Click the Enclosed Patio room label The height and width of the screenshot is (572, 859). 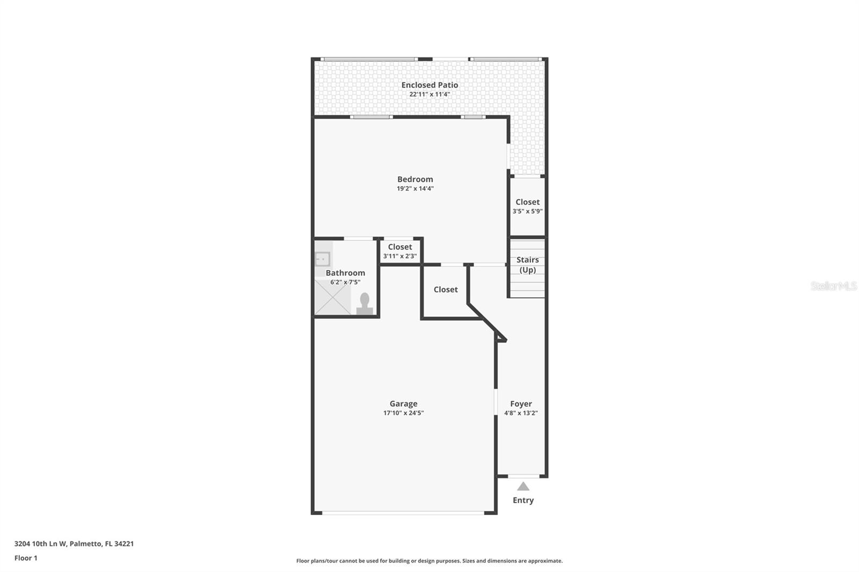429,85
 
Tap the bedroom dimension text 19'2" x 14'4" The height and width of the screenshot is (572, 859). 415,189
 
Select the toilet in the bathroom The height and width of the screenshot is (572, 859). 365,304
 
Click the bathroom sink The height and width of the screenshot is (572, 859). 322,259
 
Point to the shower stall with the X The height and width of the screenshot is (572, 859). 332,298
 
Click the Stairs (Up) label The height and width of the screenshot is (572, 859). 527,265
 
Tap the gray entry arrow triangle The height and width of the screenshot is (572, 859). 523,487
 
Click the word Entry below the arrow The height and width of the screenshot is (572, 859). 523,500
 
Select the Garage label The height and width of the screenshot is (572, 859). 403,404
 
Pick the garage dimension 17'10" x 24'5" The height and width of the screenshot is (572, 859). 403,413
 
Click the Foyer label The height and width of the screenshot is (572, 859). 521,404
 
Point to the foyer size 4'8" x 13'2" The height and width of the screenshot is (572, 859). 521,413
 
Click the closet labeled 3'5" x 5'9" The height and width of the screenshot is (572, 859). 527,207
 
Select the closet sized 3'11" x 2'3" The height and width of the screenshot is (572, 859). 400,251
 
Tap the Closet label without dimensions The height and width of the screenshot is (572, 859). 446,289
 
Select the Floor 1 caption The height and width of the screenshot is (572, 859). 26,558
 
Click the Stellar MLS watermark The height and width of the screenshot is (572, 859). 833,287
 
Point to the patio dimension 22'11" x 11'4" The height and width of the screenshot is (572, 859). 429,94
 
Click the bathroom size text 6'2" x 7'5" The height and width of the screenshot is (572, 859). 345,282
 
